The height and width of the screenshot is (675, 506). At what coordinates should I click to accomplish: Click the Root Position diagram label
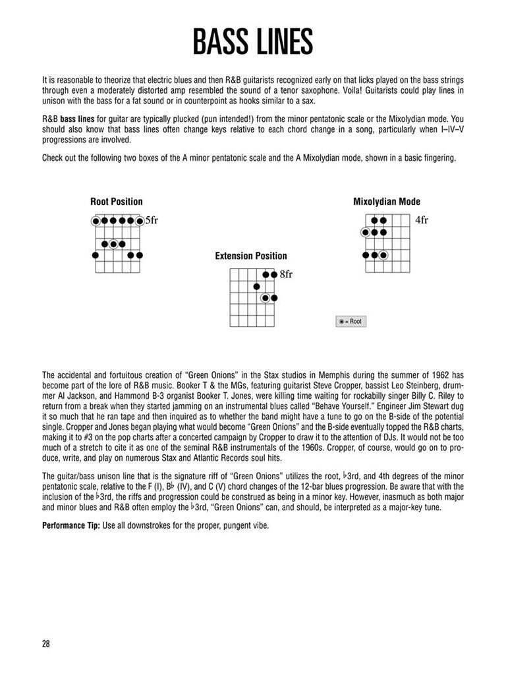point(116,202)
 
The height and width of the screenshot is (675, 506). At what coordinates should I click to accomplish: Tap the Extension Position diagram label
point(251,256)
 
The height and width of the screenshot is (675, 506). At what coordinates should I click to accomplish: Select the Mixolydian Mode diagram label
point(386,202)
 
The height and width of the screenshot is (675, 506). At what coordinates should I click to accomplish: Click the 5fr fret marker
point(152,221)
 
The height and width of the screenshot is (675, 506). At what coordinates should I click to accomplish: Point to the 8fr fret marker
point(286,274)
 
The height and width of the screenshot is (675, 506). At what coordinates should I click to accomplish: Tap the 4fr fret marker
point(422,221)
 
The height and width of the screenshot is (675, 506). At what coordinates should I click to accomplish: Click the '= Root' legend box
point(350,321)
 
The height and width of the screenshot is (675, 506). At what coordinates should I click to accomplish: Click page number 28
point(46,644)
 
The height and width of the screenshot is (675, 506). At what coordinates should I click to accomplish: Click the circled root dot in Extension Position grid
point(266,298)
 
